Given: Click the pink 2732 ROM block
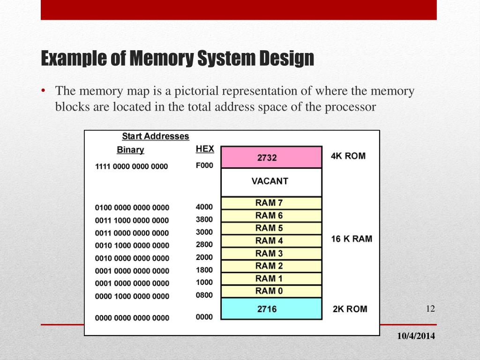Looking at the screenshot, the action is click(x=271, y=157).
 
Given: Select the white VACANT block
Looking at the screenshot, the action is click(x=271, y=182).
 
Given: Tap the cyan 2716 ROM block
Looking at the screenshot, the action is click(x=271, y=309).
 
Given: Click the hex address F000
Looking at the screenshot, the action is click(x=204, y=165).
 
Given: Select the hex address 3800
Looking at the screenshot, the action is click(x=204, y=219).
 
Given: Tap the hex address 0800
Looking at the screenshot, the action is click(x=204, y=295).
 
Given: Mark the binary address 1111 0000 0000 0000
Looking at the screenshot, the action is click(x=131, y=166).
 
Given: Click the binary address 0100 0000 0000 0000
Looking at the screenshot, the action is click(x=132, y=208).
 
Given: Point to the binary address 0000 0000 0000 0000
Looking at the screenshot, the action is click(x=132, y=318).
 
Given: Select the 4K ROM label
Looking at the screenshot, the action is click(x=348, y=156).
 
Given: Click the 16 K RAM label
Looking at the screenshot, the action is click(x=352, y=239).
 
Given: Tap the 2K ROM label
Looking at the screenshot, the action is click(x=350, y=309).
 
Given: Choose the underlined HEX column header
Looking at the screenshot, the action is click(x=205, y=149).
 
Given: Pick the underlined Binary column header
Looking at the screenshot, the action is click(x=130, y=150).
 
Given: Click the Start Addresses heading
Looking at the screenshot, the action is click(x=156, y=136).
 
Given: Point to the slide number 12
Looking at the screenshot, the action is click(x=431, y=308).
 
